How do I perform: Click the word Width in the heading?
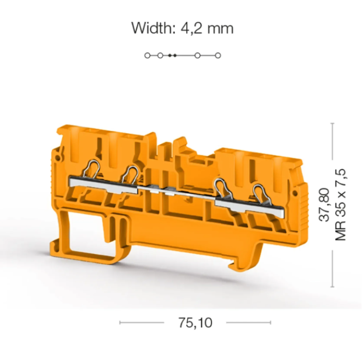[152, 28]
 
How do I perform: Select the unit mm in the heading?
[220, 30]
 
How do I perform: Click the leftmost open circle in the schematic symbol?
[147, 55]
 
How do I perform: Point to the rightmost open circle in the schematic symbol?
[218, 55]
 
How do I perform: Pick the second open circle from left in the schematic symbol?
[160, 55]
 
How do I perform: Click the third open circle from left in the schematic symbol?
[198, 55]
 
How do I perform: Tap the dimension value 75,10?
[195, 323]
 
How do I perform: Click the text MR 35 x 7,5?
[340, 205]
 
